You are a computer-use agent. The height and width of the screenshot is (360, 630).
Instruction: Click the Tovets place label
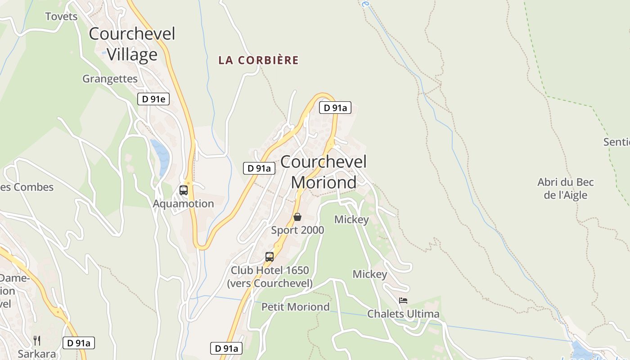point(61,17)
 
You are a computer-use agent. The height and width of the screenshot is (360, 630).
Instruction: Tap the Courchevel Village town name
point(132,44)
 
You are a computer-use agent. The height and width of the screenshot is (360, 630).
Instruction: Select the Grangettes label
point(110,79)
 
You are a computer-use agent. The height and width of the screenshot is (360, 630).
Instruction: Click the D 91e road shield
point(153,99)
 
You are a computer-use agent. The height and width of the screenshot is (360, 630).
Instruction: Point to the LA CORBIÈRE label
point(258,60)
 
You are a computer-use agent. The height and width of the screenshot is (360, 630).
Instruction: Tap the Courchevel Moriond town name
point(324,172)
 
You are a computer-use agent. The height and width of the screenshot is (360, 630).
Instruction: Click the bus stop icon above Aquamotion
point(184,190)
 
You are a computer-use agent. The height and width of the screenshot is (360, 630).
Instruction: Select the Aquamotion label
point(183,203)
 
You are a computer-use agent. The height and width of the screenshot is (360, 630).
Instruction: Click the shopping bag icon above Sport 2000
point(297,217)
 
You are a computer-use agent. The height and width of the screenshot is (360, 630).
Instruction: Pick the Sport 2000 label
point(297,230)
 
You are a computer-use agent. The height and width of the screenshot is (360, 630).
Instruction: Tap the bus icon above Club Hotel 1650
point(270,257)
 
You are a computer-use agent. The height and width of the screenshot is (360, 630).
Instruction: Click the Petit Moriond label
point(295,307)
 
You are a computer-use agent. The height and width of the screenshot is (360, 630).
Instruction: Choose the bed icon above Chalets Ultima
point(403,301)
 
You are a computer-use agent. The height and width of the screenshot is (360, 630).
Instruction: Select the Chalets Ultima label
point(403,314)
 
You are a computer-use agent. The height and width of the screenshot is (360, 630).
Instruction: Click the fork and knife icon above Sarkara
point(37,340)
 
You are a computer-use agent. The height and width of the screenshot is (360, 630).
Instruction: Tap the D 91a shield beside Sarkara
point(78,343)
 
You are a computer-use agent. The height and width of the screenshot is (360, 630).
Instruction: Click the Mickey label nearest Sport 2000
point(351,220)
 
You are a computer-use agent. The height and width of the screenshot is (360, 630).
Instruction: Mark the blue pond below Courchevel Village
point(161,157)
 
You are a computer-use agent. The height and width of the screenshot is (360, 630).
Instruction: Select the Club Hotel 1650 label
point(270,277)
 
